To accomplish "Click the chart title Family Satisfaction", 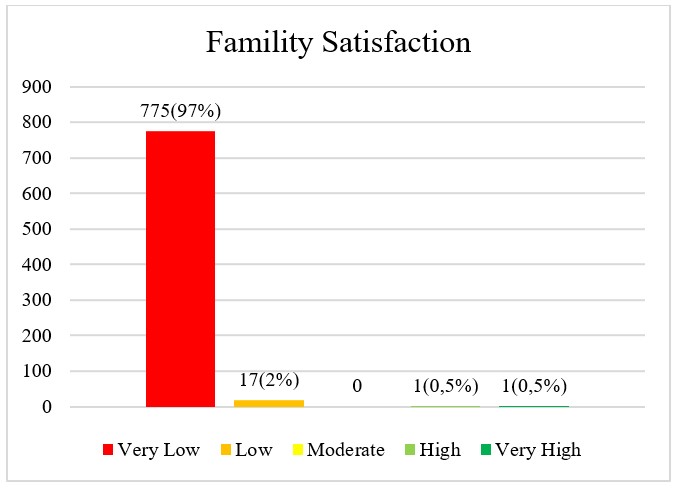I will point(338,44).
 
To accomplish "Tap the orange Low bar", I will point(269,403).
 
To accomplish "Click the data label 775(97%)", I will point(181,111).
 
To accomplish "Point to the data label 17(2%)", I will point(269,380).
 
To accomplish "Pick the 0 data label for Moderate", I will point(357,386).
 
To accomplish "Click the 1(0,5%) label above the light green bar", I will point(445,386).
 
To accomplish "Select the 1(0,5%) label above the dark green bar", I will point(533,386).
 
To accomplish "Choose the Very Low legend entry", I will point(151,450).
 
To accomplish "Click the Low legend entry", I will point(245,450).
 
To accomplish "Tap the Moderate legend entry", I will point(337,450).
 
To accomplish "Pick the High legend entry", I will point(432,450).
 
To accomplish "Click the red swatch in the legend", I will point(109,450).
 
